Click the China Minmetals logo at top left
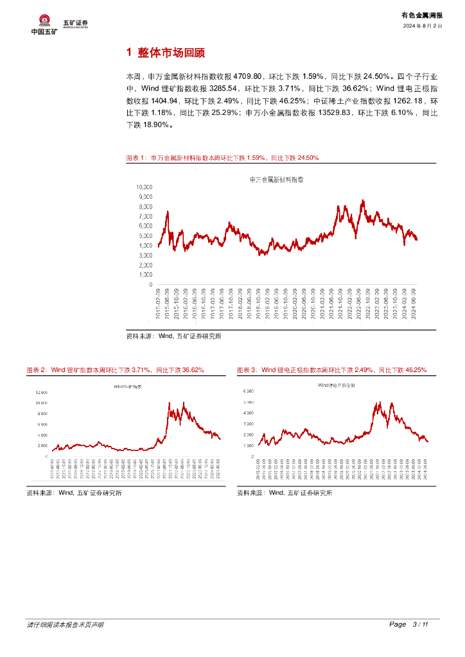44,24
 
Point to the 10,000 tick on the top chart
144,187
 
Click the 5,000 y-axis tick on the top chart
145,235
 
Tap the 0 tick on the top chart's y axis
150,284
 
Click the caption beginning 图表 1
222,157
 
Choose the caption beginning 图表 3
331,370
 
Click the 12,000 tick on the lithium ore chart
41,391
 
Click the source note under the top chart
173,336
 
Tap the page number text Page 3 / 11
408,624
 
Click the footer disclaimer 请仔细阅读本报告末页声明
65,624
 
